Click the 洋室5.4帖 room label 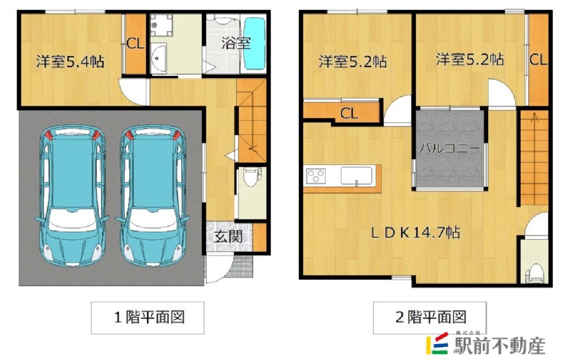pos(70,62)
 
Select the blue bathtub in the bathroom pos(255,43)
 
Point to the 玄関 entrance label pos(227,236)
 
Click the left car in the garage pos(71,197)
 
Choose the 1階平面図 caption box pos(149,317)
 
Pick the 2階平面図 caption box pos(430,317)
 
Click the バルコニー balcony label pos(449,148)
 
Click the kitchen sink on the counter pos(356,175)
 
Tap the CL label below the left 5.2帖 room pos(349,113)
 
